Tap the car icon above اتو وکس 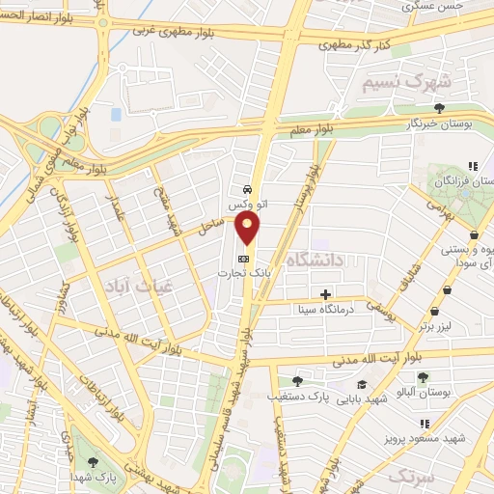[x=250, y=188]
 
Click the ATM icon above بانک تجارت [x=244, y=259]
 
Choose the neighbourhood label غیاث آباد [x=123, y=287]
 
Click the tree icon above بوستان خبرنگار [x=440, y=108]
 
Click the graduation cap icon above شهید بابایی [x=369, y=381]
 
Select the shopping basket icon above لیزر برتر [x=437, y=311]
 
